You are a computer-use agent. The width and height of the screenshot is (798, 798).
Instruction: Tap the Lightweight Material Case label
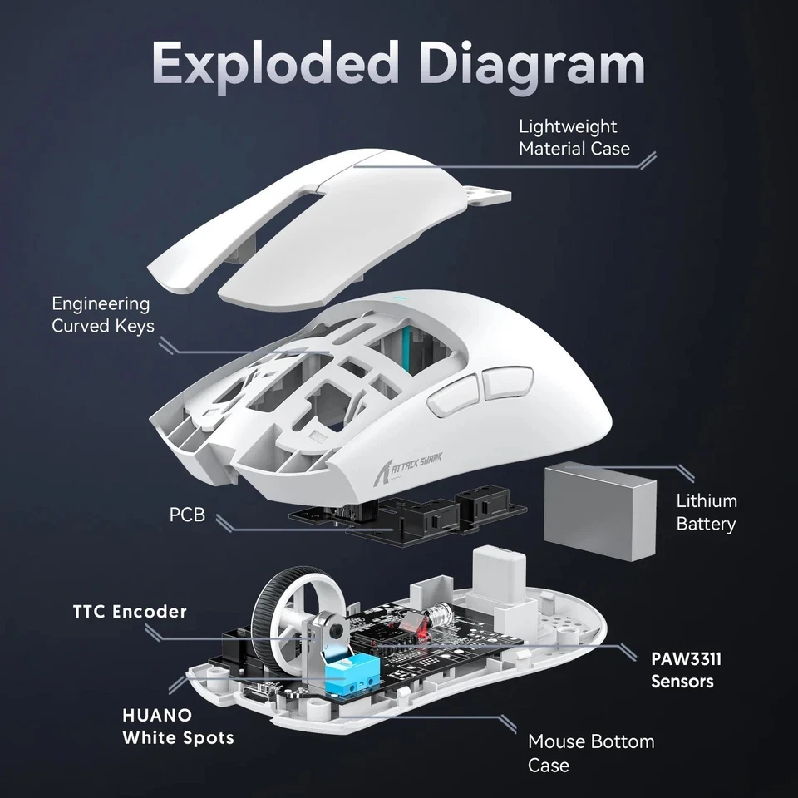[x=574, y=137]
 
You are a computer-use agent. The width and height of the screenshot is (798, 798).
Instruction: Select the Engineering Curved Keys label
[x=102, y=315]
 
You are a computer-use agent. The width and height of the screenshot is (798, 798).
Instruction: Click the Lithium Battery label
[x=706, y=512]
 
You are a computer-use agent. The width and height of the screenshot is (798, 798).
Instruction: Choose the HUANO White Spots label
[x=178, y=726]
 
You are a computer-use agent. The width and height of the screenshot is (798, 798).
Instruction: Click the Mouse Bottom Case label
[x=591, y=752]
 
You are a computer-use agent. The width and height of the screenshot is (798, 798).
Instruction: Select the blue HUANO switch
[x=347, y=673]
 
